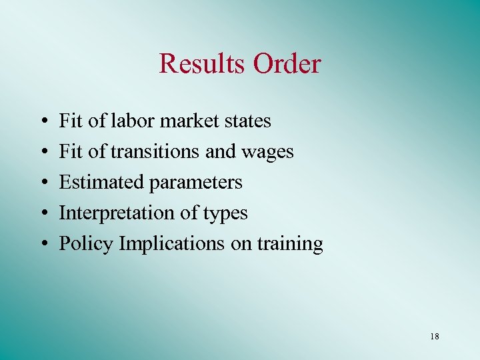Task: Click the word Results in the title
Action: coord(202,64)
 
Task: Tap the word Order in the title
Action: coord(286,64)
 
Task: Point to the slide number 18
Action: coord(435,337)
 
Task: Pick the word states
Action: coord(247,121)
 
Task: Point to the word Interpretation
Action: coord(117,213)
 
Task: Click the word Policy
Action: coord(87,244)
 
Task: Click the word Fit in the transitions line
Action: coord(71,151)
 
